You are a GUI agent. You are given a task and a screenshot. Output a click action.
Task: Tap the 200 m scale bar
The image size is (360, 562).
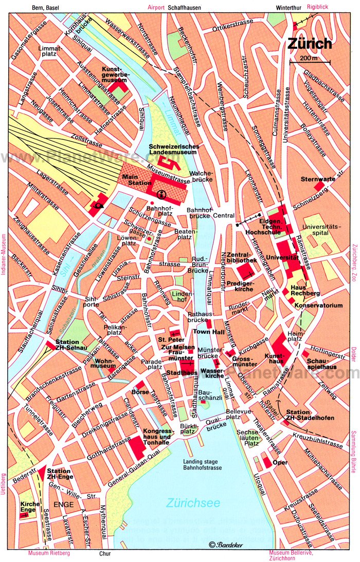coord(310,61)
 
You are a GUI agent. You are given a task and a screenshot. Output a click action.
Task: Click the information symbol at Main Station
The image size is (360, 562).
coord(161,194)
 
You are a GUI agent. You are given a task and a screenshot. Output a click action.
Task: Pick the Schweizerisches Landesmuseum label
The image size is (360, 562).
coord(174,150)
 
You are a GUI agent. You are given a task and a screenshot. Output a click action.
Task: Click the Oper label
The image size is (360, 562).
coord(280,462)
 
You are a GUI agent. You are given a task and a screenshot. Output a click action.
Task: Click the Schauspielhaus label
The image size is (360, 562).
coord(322,364)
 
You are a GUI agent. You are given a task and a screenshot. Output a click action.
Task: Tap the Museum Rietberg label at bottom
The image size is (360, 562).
coord(49,554)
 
